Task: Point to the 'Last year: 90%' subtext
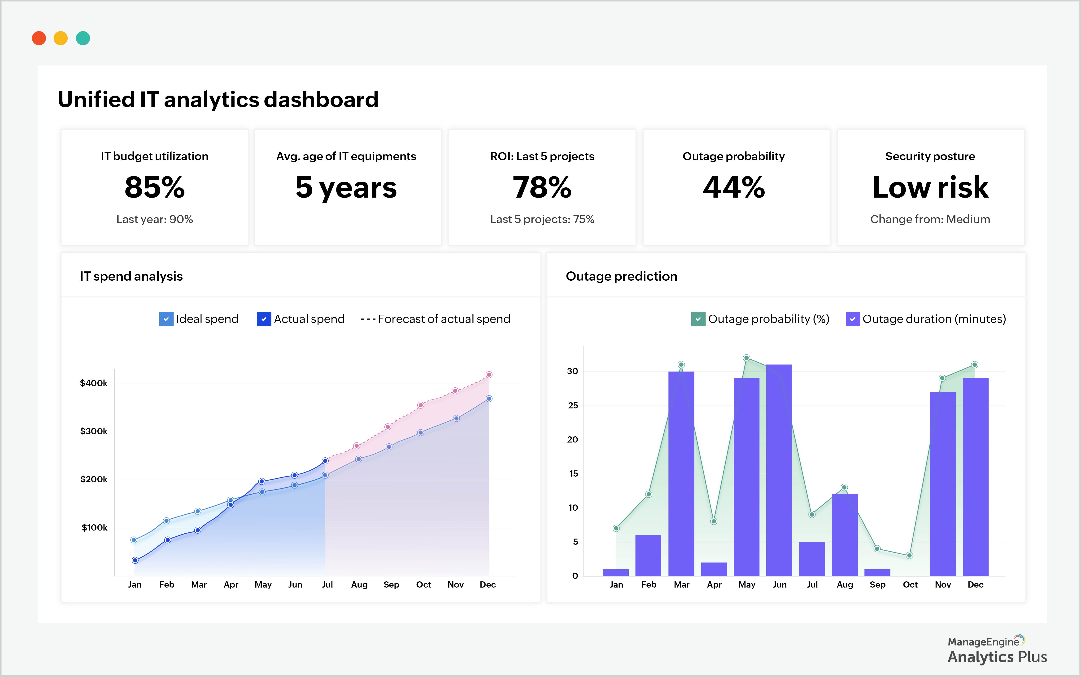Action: tap(155, 219)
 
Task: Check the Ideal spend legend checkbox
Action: tap(166, 319)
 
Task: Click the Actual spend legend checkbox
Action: tap(264, 319)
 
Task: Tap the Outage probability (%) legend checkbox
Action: tap(698, 319)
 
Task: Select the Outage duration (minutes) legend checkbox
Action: tap(852, 319)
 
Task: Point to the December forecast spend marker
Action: tap(489, 375)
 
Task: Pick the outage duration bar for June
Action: tap(779, 470)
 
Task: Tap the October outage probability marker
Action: tap(909, 556)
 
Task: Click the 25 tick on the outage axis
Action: tap(573, 406)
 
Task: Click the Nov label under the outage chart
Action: tap(943, 585)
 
